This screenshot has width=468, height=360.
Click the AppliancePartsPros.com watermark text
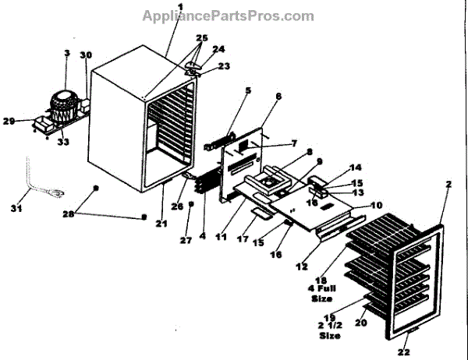coord(228,16)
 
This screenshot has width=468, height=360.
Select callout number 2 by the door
coord(448,185)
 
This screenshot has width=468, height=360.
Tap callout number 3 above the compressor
coord(67,54)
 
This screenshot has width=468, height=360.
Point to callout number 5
coord(248,90)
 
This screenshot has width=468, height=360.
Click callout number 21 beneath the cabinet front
coord(161,224)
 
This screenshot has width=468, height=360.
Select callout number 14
coord(356,168)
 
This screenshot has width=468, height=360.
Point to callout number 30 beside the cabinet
coord(85,56)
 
